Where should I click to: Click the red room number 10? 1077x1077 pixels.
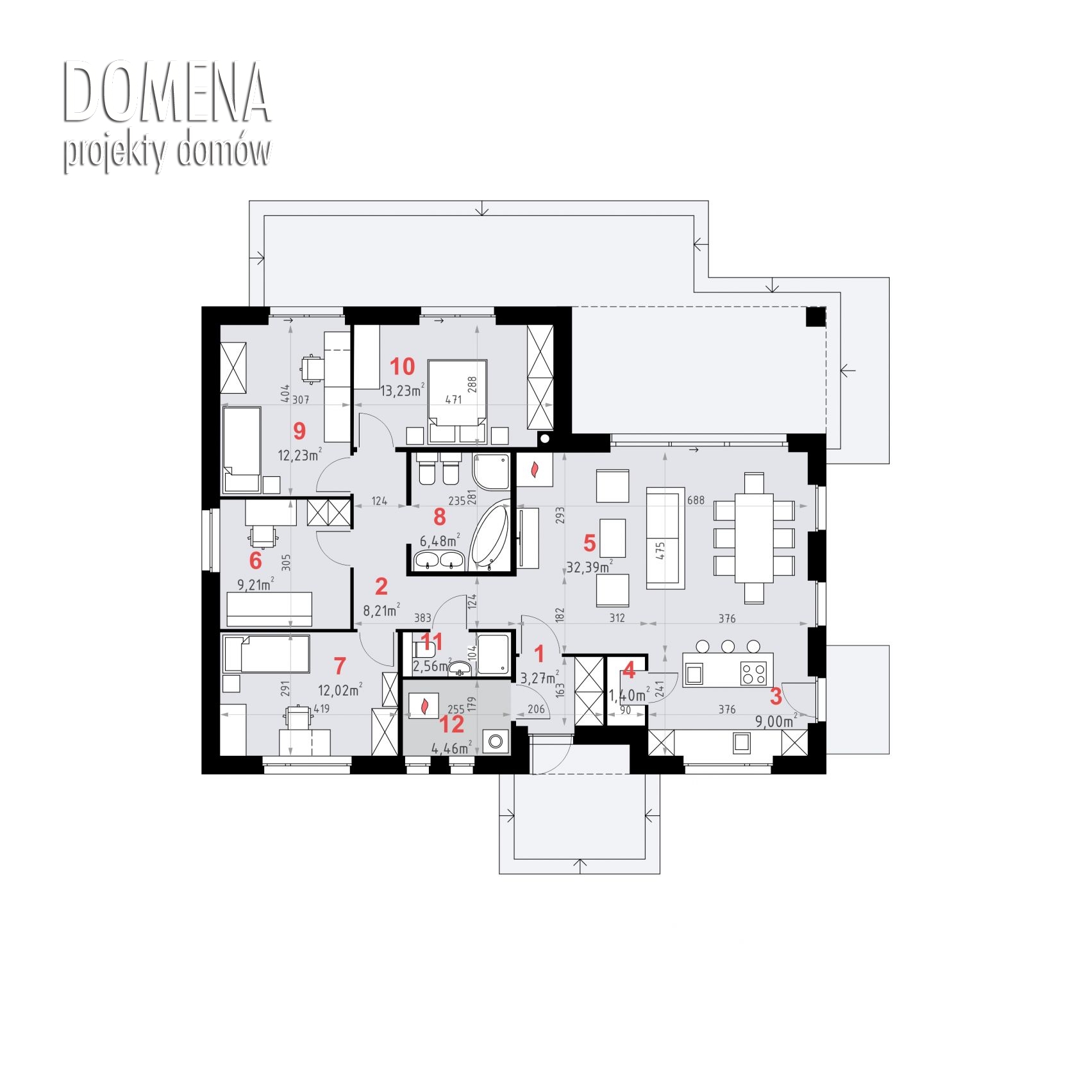[403, 367]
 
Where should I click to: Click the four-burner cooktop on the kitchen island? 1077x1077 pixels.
[753, 672]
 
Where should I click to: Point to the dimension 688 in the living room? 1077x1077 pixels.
[695, 499]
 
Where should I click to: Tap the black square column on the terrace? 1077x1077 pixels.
[815, 317]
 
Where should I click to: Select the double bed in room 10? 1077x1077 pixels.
[458, 402]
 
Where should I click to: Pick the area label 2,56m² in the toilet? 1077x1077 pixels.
[432, 666]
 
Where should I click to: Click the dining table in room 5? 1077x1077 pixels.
[754, 538]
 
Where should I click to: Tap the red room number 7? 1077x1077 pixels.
[340, 666]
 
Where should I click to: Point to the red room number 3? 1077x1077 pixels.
[776, 696]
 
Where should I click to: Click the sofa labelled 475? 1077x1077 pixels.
[664, 537]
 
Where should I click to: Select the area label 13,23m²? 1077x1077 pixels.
[403, 390]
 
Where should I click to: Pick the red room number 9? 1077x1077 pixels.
[299, 431]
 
